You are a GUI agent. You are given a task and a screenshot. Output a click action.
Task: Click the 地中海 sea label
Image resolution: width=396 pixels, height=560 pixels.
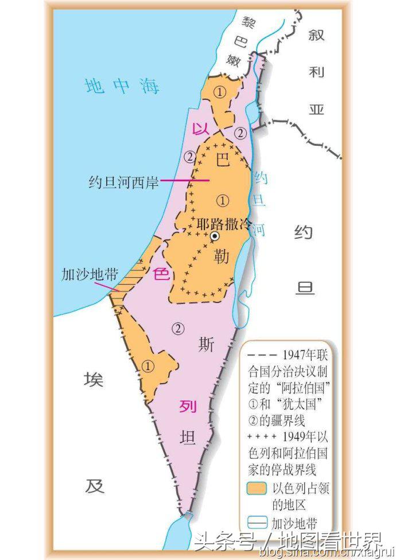click(x=122, y=86)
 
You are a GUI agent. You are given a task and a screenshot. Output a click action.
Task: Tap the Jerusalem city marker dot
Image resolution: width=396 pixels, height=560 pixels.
click(x=214, y=236)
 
